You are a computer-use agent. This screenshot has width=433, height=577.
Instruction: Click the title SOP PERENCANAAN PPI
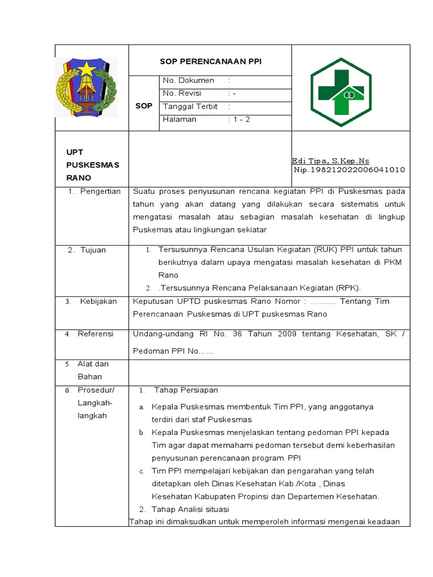210,62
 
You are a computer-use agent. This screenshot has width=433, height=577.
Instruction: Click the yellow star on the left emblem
86,70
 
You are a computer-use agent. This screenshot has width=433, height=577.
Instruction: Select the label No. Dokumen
188,81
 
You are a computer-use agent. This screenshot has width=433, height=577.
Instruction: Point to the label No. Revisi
182,93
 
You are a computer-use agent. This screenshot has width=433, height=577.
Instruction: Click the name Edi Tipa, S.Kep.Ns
330,161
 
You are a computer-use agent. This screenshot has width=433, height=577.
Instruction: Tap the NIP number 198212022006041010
349,170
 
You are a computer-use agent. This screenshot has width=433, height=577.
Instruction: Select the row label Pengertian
100,191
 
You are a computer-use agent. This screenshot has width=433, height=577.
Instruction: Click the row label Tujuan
92,250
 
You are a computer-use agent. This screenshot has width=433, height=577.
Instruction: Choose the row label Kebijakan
98,301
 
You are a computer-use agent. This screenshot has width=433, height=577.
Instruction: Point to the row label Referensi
95,334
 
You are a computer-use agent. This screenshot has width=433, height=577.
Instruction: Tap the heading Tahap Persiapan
185,390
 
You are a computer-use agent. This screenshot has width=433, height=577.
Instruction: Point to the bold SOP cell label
144,106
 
